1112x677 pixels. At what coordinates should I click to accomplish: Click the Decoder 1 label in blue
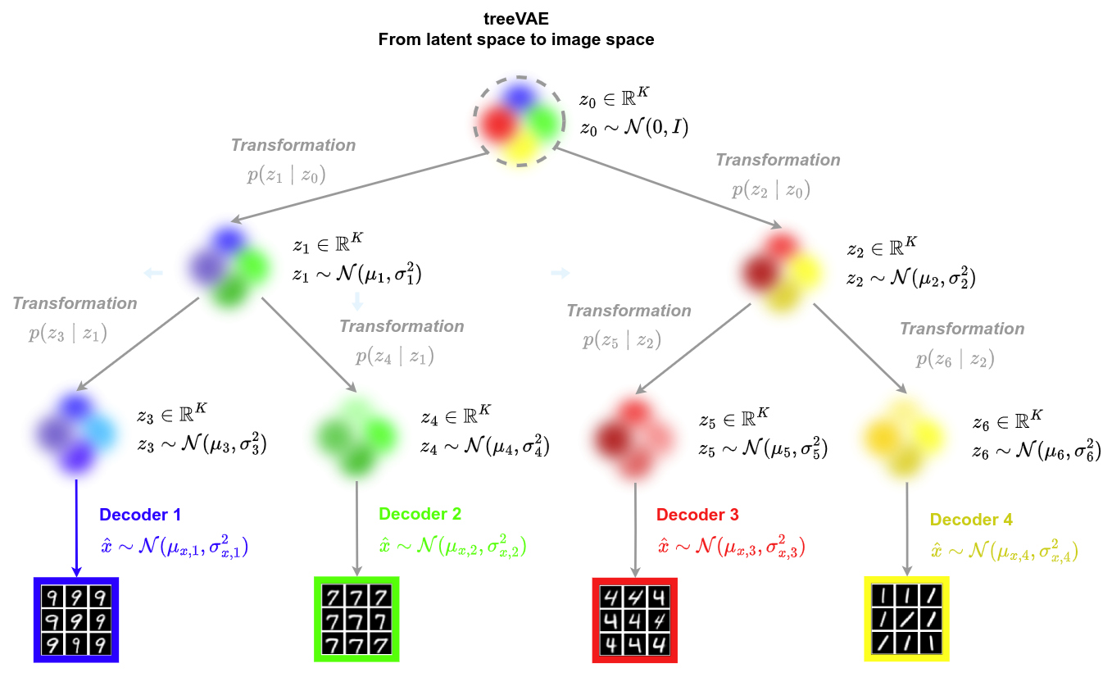(140, 516)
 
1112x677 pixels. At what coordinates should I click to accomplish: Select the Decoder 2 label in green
(420, 515)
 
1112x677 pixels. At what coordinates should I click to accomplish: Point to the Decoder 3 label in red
(697, 515)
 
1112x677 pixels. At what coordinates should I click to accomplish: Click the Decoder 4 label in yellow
(971, 520)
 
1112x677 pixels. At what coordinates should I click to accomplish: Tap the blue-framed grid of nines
(76, 620)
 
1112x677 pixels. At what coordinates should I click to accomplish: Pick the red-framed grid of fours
(635, 620)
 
